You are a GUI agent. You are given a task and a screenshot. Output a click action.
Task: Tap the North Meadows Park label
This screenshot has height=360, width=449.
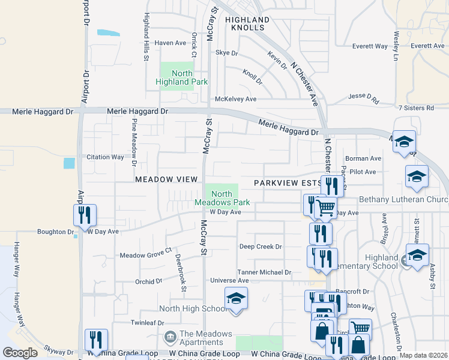pos(221,198)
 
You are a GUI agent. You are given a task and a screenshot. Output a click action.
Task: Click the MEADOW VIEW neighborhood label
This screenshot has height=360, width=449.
pos(166,179)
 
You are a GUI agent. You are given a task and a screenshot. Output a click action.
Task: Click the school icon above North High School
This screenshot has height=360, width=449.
pos(236,298)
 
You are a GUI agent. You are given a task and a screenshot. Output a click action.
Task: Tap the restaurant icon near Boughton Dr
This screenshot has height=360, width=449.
pos(85,215)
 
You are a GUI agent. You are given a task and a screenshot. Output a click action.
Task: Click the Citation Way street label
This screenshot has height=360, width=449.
pos(106,157)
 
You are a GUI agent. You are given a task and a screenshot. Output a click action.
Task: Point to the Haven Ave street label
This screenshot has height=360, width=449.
pos(171,43)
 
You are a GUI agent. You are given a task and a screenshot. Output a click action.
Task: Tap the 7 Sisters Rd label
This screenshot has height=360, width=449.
pos(416,108)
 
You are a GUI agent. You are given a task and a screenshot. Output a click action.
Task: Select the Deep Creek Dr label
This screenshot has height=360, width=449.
pos(261,247)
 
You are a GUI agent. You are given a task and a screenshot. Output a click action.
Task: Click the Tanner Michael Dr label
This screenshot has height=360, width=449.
pos(264,272)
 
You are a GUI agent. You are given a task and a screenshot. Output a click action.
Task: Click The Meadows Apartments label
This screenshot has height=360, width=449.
pos(205,338)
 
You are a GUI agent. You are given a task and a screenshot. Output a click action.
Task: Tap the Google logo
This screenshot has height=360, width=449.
pos(20,353)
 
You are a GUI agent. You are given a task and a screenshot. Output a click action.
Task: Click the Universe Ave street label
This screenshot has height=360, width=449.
pos(229,280)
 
